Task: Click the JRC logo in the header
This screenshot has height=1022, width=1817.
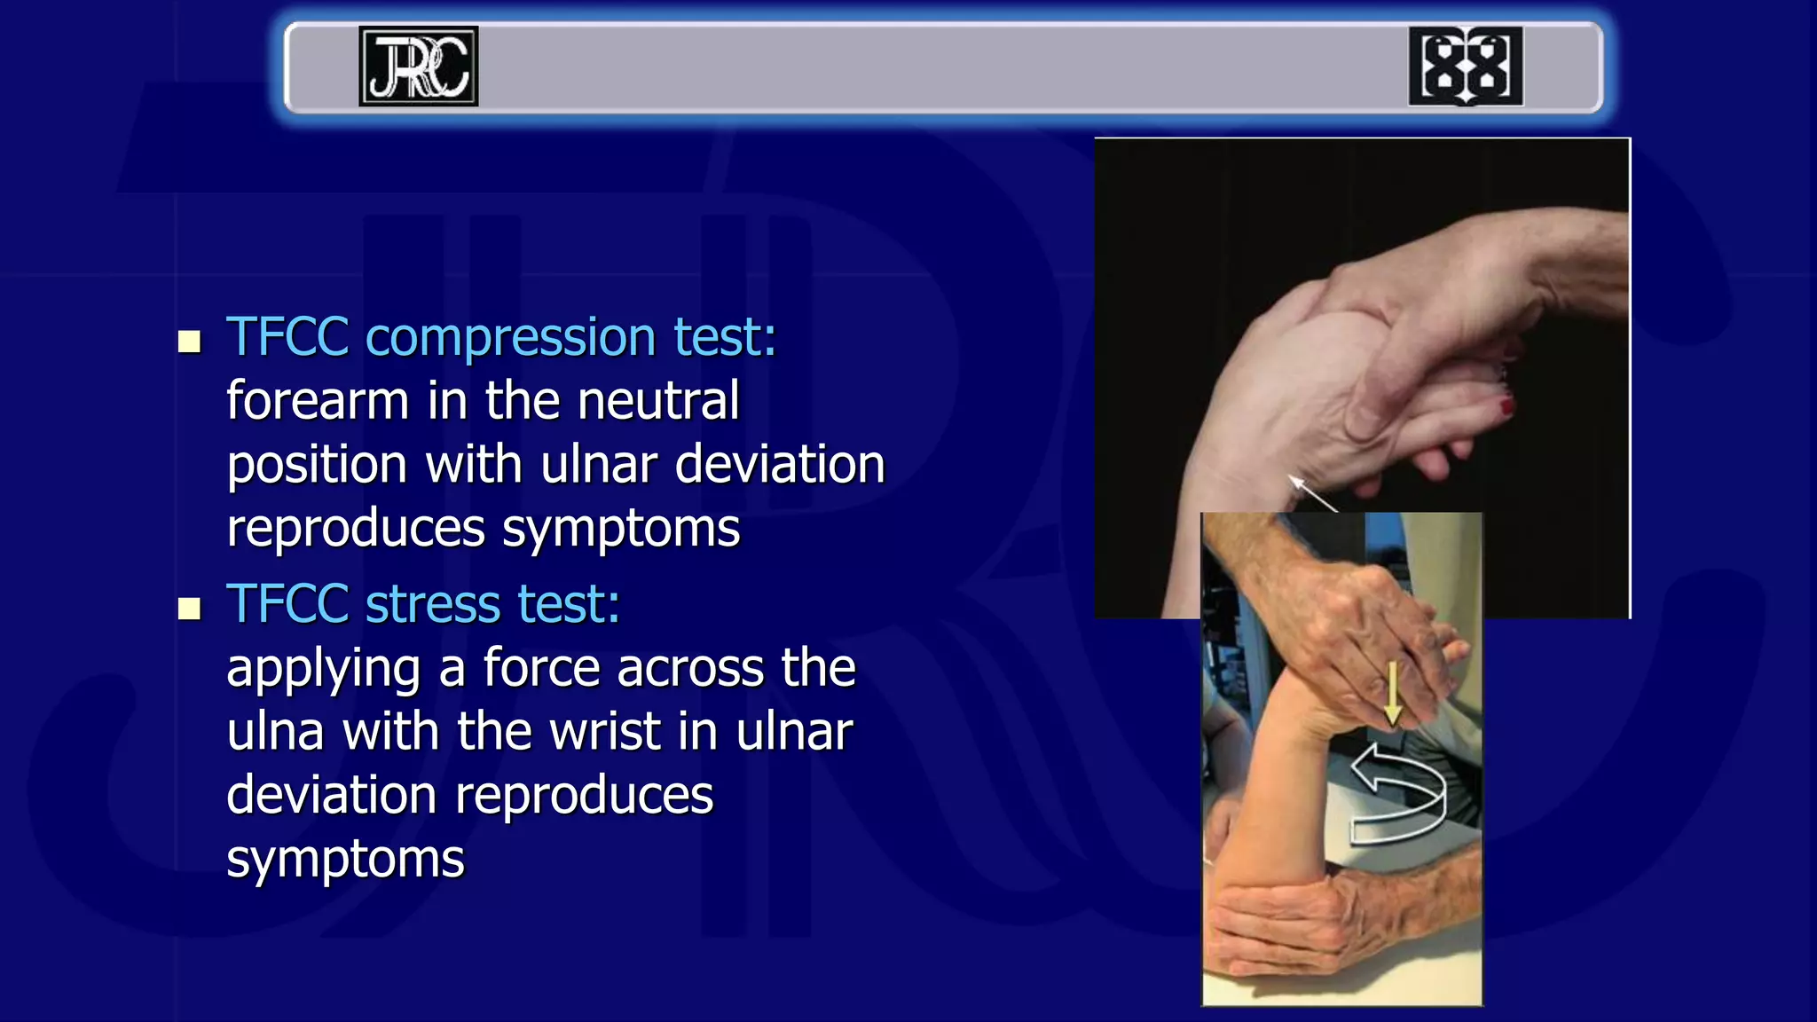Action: click(x=418, y=67)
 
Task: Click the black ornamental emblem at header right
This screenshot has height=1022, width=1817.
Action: click(x=1465, y=67)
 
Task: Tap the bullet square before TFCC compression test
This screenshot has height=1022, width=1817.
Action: click(x=189, y=342)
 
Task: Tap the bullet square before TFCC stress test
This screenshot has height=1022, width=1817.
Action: click(x=189, y=609)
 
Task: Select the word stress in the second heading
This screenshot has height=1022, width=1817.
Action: click(x=433, y=604)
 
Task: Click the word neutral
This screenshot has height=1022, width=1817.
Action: click(x=657, y=401)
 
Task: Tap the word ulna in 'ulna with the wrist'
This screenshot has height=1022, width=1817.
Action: click(x=275, y=732)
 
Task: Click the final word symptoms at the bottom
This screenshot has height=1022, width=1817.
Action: click(x=345, y=860)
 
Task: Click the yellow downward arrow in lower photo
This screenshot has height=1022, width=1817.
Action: click(x=1392, y=693)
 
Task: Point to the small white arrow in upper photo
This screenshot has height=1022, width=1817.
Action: click(x=1311, y=492)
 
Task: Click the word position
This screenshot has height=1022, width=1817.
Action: click(x=317, y=465)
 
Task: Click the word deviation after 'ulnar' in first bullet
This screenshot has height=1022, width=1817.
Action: click(x=779, y=465)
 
